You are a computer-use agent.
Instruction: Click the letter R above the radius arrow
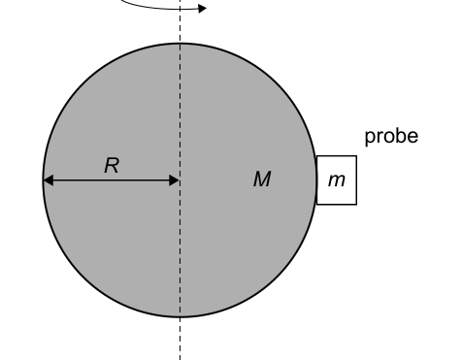pyautogui.click(x=112, y=166)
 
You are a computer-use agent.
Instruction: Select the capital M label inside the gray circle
pyautogui.click(x=262, y=180)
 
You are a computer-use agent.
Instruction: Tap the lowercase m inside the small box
pyautogui.click(x=337, y=180)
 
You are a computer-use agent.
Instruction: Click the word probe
pyautogui.click(x=391, y=136)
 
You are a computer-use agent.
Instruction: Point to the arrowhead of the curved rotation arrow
pyautogui.click(x=201, y=9)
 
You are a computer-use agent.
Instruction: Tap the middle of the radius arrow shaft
pyautogui.click(x=111, y=180)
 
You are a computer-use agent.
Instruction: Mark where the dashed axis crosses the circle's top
pyautogui.click(x=180, y=43)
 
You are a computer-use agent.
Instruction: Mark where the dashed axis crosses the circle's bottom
pyautogui.click(x=180, y=317)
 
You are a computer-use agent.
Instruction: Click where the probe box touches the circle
pyautogui.click(x=316, y=180)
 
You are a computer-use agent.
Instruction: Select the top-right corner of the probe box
pyautogui.click(x=356, y=156)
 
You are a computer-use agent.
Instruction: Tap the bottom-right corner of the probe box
pyautogui.click(x=356, y=205)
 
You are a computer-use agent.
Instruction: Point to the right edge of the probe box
pyautogui.click(x=356, y=180)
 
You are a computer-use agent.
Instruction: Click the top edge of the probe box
pyautogui.click(x=337, y=156)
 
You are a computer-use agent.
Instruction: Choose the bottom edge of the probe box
pyautogui.click(x=337, y=205)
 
